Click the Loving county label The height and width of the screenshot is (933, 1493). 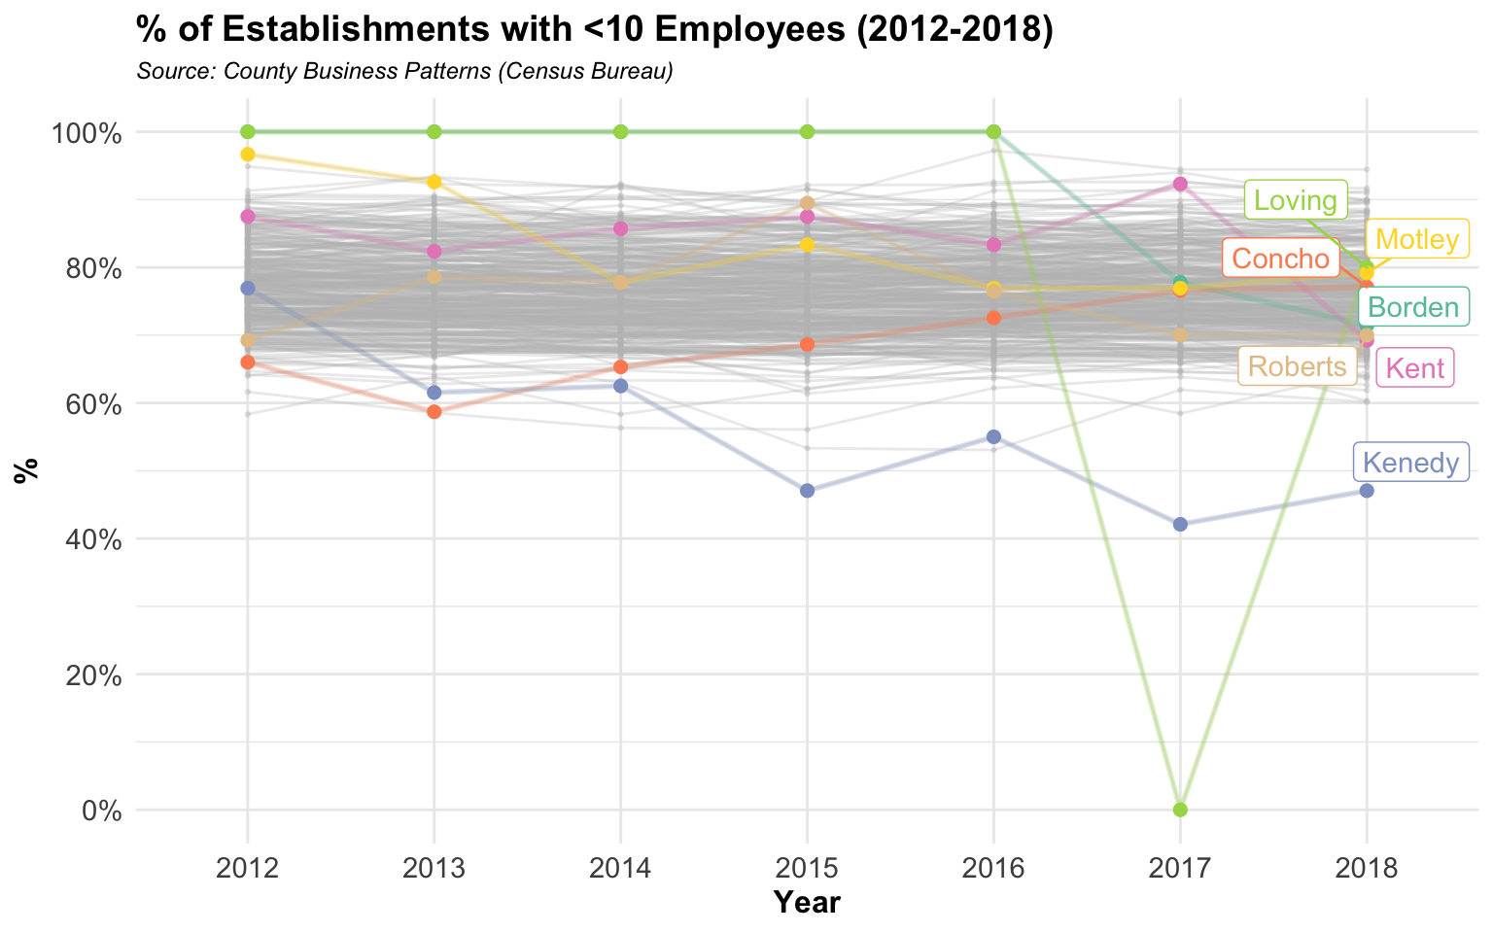click(1296, 201)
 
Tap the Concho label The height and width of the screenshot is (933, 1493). click(1280, 259)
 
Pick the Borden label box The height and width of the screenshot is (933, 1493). click(1413, 308)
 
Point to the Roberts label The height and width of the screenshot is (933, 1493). click(1297, 366)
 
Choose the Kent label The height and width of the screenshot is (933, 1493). click(1415, 368)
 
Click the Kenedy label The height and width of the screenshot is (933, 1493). click(1411, 463)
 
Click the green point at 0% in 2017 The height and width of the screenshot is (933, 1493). click(1180, 810)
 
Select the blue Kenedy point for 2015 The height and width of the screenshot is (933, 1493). click(807, 491)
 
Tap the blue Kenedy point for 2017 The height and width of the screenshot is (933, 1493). click(1180, 524)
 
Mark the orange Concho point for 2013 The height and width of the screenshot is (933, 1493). click(434, 412)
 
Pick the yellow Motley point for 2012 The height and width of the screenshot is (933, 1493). click(248, 155)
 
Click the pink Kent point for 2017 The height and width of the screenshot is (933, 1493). click(1180, 184)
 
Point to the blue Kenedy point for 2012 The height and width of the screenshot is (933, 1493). click(248, 289)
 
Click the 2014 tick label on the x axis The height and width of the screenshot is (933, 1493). click(620, 867)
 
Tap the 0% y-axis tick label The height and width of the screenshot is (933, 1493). click(101, 811)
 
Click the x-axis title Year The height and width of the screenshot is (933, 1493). click(807, 903)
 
